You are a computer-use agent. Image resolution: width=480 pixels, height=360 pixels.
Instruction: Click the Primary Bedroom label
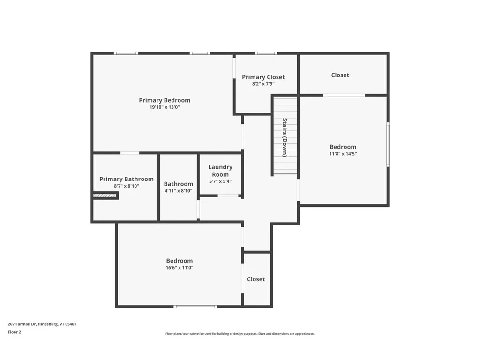click(x=165, y=100)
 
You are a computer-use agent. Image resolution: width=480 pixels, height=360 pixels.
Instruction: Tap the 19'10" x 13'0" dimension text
click(x=165, y=107)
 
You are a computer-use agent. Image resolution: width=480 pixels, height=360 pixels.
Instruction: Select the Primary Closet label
click(x=263, y=77)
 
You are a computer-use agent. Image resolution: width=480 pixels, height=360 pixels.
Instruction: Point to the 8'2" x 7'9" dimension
click(x=263, y=84)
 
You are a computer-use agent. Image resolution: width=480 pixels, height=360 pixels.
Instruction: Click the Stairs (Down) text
click(x=285, y=137)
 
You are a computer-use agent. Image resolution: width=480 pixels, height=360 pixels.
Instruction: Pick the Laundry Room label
click(x=220, y=171)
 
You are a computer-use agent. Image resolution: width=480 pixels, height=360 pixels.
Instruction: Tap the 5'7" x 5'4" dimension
click(x=220, y=181)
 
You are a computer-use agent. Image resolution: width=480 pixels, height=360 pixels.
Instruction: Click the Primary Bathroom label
click(x=126, y=179)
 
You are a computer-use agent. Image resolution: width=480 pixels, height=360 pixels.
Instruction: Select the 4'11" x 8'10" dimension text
click(x=178, y=191)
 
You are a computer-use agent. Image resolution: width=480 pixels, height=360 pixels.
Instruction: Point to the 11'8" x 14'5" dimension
click(x=343, y=154)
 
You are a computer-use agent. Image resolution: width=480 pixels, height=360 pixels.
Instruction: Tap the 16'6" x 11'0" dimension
click(x=179, y=268)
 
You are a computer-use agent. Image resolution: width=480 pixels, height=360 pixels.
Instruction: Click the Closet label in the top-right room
click(x=340, y=75)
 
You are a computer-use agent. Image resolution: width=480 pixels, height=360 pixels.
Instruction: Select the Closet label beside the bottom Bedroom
click(x=256, y=279)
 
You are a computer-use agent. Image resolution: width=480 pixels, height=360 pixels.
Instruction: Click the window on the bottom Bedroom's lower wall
click(x=195, y=307)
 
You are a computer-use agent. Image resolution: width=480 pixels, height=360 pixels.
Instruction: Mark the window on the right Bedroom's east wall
click(x=388, y=144)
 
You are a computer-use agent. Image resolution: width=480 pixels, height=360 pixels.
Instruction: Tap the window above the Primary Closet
click(x=266, y=53)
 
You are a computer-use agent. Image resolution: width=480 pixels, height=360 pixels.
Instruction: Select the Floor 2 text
click(x=15, y=332)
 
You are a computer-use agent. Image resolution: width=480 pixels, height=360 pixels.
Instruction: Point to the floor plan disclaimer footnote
click(x=240, y=334)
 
